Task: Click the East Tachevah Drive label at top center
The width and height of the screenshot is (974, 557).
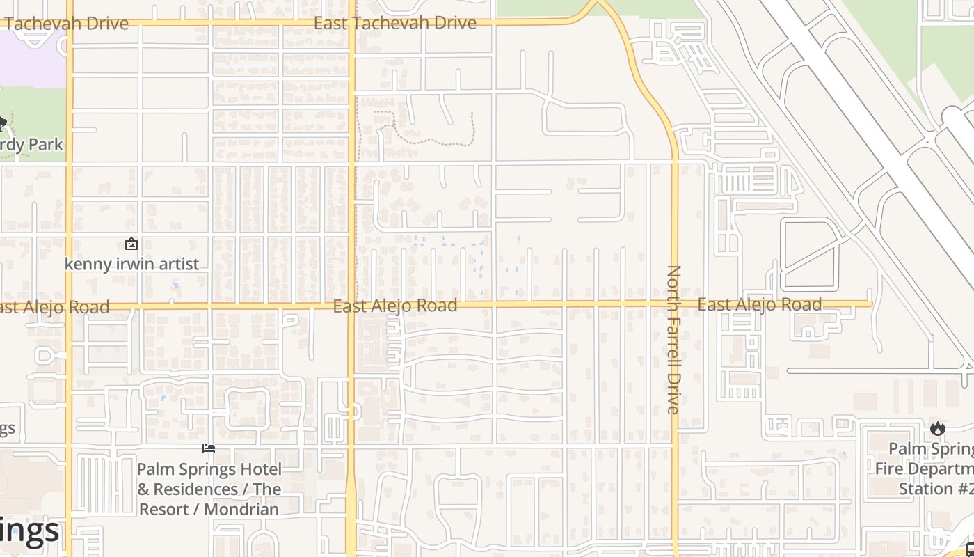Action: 395,23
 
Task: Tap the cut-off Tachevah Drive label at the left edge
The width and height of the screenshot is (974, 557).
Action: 65,23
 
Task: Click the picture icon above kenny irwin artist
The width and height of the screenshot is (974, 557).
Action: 131,244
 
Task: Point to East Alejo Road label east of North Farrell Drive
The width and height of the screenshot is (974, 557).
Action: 760,304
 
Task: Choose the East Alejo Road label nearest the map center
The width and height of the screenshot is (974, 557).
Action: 395,306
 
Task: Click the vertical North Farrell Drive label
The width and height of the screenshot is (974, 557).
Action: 673,339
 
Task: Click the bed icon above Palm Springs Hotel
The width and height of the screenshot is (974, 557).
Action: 209,448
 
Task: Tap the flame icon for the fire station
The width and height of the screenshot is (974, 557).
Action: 937,428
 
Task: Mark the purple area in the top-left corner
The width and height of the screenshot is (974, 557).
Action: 31,59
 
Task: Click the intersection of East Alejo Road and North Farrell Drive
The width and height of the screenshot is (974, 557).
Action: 673,304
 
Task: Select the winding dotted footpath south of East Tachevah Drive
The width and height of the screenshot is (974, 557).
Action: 424,139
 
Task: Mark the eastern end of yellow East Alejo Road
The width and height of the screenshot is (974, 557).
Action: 870,304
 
